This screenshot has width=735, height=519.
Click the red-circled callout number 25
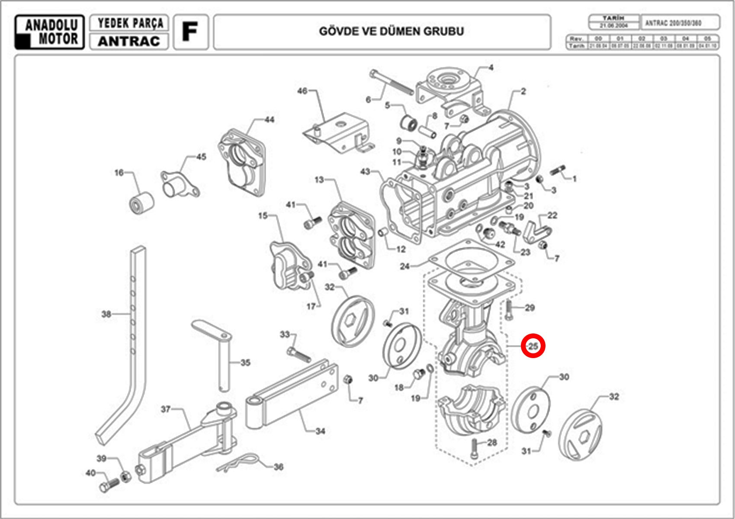[x=533, y=346]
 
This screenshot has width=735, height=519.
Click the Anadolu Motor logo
[x=49, y=32]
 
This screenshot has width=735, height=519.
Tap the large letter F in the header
[x=190, y=32]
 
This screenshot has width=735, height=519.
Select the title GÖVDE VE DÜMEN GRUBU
[x=391, y=32]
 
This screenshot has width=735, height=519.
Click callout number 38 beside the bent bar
[x=106, y=314]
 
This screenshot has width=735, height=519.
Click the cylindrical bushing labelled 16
[x=142, y=203]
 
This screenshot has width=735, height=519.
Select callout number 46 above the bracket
[x=302, y=91]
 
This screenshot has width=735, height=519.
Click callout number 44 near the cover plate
[x=269, y=119]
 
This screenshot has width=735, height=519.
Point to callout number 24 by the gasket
[x=404, y=266]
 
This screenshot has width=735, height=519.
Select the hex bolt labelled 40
[x=108, y=485]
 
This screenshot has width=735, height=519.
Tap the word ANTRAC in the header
[x=128, y=42]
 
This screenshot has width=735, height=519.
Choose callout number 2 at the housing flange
[x=523, y=91]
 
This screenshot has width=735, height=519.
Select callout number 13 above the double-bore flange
[x=319, y=179]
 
